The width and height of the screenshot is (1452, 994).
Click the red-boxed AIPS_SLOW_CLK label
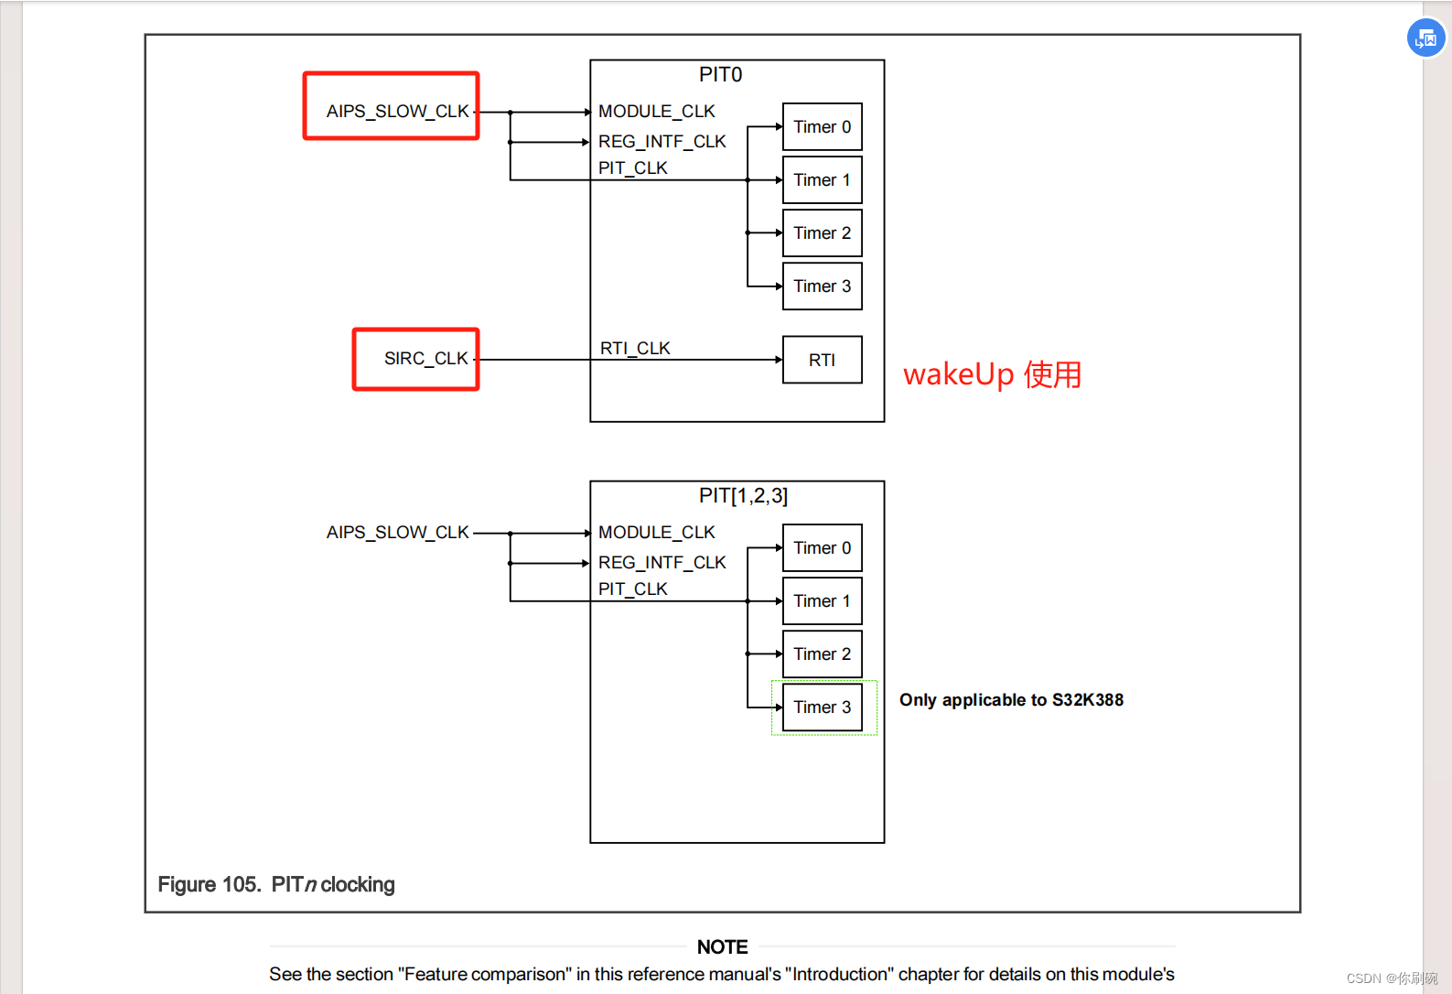point(397,111)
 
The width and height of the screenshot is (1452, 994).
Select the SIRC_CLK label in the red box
point(425,358)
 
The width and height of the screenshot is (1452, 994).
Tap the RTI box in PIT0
point(822,360)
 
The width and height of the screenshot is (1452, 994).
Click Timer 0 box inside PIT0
point(822,126)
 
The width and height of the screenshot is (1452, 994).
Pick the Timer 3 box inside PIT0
point(822,286)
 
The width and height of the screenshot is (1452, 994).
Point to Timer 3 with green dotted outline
point(822,707)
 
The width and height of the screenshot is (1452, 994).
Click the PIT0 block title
point(720,75)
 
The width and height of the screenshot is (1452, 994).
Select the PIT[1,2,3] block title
point(743,496)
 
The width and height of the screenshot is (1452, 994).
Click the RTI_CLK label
point(635,348)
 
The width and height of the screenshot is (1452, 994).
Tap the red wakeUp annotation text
point(992,374)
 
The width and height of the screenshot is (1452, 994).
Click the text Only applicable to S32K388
point(1011,700)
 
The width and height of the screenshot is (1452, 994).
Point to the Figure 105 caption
point(276,884)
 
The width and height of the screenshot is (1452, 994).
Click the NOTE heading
point(722,946)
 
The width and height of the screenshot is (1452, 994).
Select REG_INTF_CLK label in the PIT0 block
point(661,141)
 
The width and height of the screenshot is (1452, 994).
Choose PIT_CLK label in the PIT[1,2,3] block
point(632,589)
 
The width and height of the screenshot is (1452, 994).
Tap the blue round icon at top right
point(1425,38)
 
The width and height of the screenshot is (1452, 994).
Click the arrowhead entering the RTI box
point(779,360)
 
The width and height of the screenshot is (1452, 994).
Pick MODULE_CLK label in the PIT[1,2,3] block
point(656,532)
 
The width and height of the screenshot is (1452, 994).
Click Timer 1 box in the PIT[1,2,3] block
point(822,600)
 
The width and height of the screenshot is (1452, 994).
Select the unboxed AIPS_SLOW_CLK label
point(397,532)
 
